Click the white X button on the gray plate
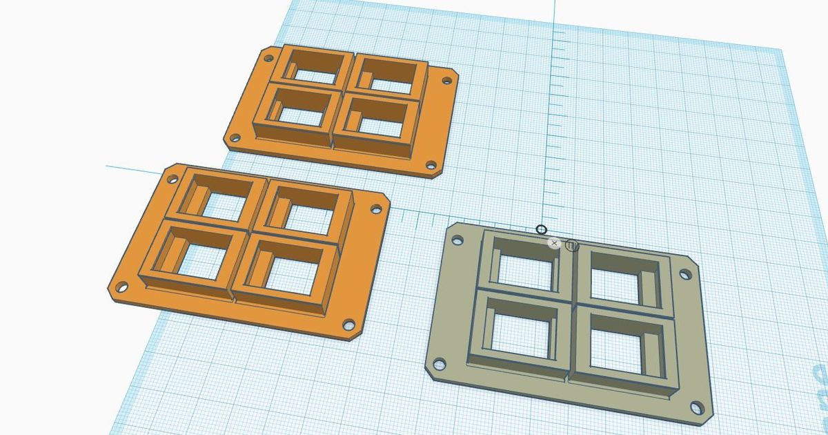coord(554,243)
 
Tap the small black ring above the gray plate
coord(542,230)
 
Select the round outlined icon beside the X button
coord(571,245)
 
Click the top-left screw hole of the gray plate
coord(456,241)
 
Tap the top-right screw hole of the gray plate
coord(684,275)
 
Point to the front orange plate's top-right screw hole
coord(377,209)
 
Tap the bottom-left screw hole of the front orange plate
coord(122,286)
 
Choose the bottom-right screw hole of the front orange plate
coord(348,323)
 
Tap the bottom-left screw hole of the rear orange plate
coord(235,138)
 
